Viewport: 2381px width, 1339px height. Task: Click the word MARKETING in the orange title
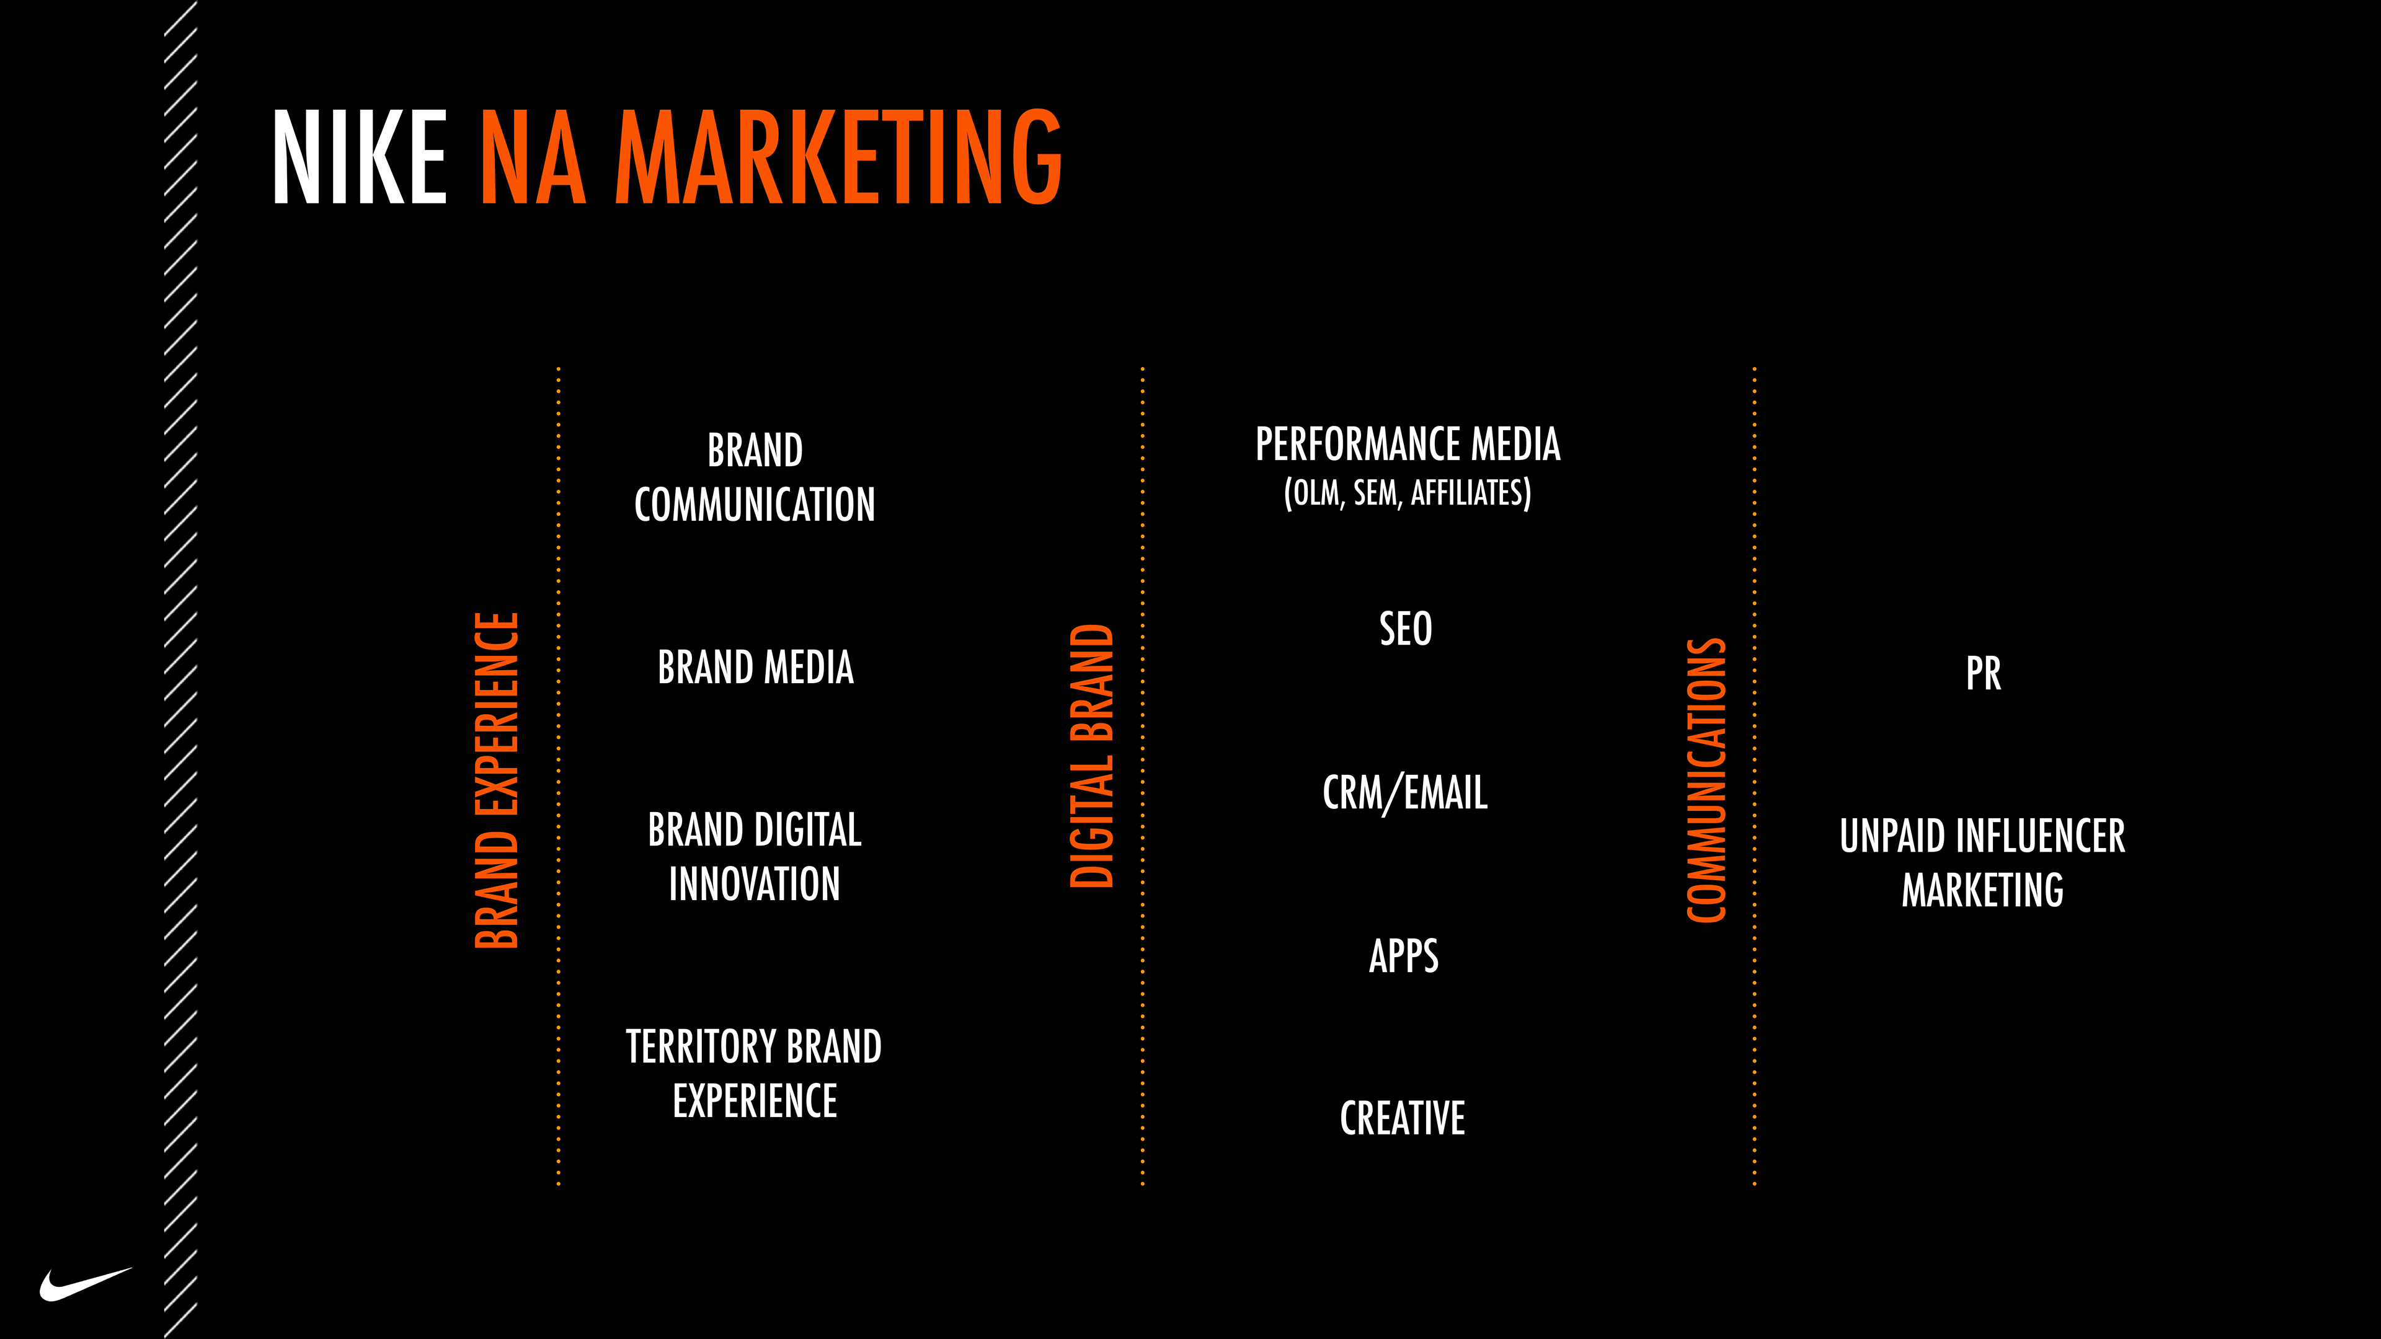coord(838,157)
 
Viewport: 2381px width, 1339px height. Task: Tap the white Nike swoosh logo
coord(85,1284)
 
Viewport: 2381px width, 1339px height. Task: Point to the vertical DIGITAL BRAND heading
coord(1091,756)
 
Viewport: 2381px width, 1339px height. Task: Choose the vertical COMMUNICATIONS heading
coord(1706,781)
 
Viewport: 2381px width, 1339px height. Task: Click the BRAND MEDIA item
coord(755,667)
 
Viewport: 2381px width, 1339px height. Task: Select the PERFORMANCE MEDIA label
coord(1407,444)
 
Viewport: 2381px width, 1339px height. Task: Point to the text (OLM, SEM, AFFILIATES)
coord(1407,493)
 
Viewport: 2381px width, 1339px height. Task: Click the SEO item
coord(1405,629)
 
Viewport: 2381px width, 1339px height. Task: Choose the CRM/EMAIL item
coord(1405,793)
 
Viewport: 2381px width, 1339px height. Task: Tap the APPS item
coord(1403,955)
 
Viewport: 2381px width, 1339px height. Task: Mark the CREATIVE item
coord(1402,1118)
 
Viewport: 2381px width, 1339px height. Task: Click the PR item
coord(1983,674)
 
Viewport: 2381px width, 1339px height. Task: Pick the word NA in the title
coord(533,157)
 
